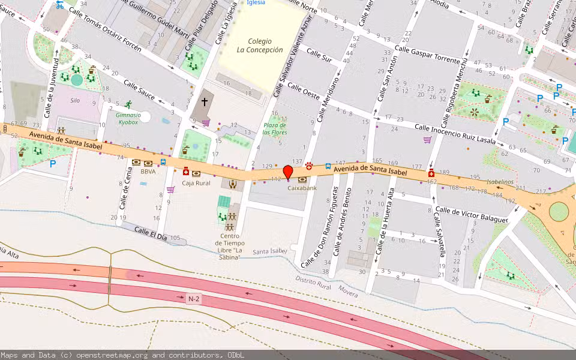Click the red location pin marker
coord(287,172)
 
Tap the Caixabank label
coord(301,188)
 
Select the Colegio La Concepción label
coord(259,46)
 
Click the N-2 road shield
coord(193,298)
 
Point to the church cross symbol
coord(204,103)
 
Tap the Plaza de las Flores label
coord(275,128)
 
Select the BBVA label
coord(148,171)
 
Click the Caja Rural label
coord(196,182)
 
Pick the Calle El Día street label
coord(150,233)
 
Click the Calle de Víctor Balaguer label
coord(472,215)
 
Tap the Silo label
coord(75,101)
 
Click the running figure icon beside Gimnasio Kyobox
coord(127,104)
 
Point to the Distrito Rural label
coord(313,283)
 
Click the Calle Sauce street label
coord(139,90)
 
